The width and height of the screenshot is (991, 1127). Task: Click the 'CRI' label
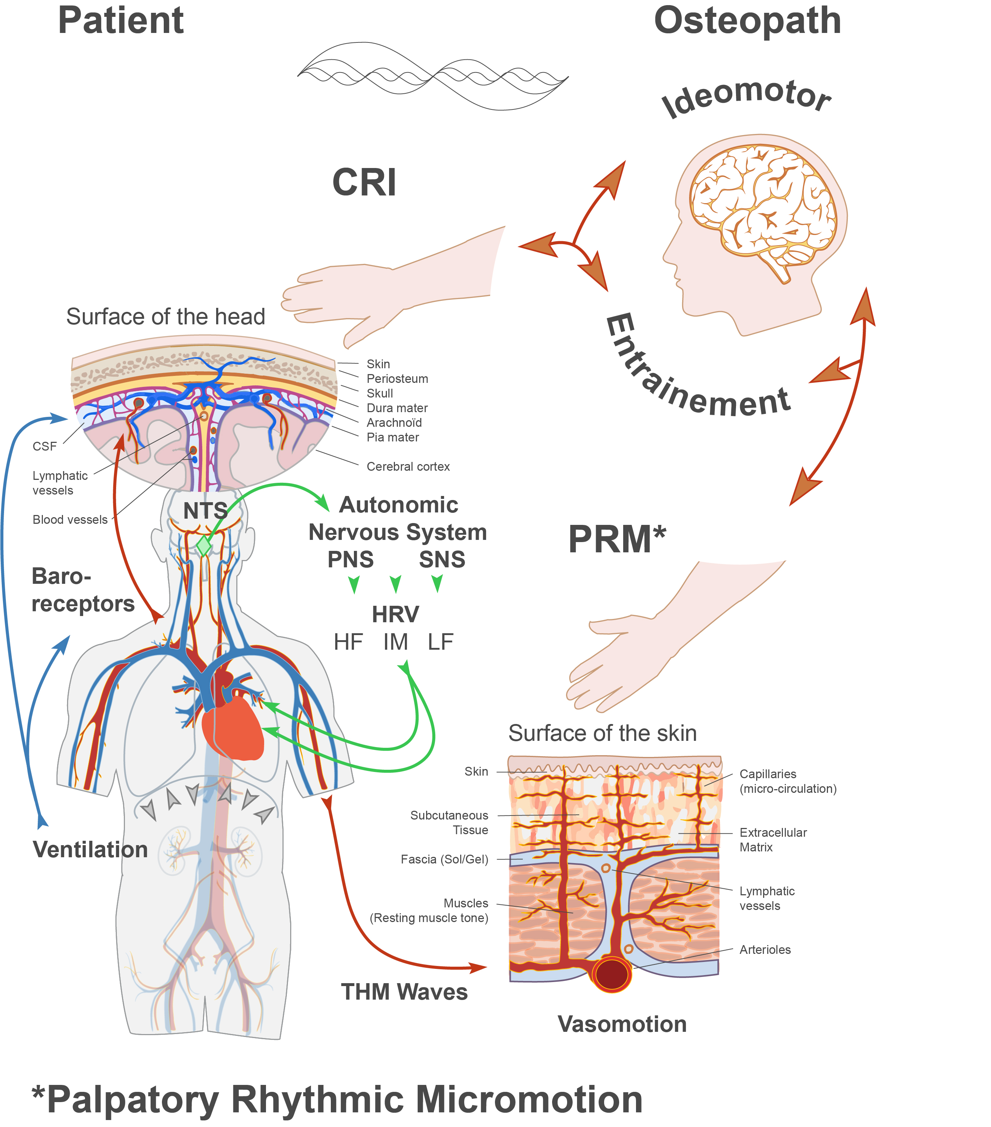[x=364, y=183]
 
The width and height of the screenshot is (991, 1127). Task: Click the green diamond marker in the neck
[x=204, y=546]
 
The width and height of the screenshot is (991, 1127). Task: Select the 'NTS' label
[x=205, y=511]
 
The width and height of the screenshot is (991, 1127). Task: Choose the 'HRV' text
[x=395, y=614]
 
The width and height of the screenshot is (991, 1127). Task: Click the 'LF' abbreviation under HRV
[x=440, y=642]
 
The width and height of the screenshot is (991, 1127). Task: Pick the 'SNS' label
[x=442, y=560]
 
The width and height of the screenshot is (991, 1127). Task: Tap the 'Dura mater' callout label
[x=397, y=408]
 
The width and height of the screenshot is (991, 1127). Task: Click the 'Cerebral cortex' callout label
[x=408, y=466]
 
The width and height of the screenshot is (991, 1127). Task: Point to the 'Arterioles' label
[x=765, y=949]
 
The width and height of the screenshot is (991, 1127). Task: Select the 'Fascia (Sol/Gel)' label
[x=444, y=859]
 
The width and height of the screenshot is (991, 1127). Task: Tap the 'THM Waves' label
[x=404, y=992]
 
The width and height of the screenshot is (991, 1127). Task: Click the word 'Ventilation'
[x=90, y=850]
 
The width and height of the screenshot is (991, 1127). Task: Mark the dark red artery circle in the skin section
[x=612, y=974]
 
